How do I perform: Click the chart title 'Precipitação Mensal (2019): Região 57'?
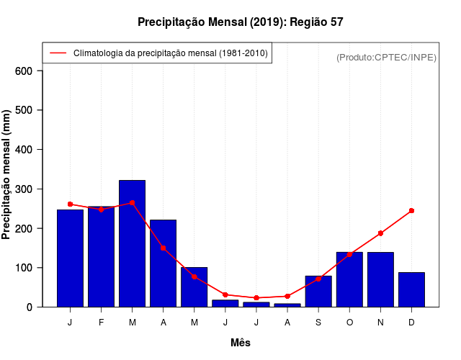click(x=240, y=22)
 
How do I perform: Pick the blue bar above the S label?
click(x=318, y=291)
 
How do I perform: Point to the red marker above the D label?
click(x=411, y=211)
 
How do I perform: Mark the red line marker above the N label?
click(x=380, y=233)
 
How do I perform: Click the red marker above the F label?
click(x=101, y=210)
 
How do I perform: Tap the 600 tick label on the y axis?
click(x=24, y=71)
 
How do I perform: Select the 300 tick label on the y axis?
click(x=24, y=189)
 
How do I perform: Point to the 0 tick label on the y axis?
click(x=30, y=307)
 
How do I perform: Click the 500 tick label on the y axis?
click(x=24, y=110)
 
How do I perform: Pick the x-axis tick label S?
click(x=318, y=323)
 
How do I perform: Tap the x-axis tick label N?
click(x=380, y=323)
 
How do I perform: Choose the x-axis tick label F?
click(x=101, y=323)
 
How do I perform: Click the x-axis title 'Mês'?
click(x=241, y=343)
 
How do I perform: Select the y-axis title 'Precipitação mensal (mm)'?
click(x=7, y=175)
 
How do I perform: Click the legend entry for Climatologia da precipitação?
click(x=170, y=53)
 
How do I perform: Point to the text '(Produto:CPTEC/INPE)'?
click(x=386, y=57)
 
